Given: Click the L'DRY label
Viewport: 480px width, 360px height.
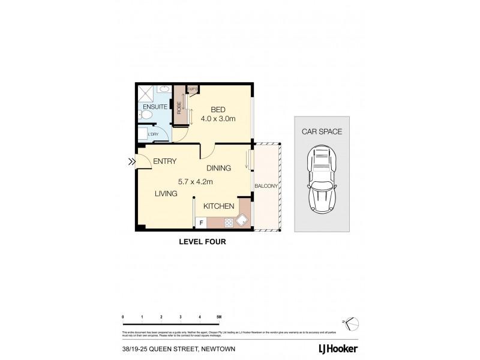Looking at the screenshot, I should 154,134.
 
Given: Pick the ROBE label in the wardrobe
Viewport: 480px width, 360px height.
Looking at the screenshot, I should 179,108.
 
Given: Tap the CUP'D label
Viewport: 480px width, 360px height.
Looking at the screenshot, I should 192,89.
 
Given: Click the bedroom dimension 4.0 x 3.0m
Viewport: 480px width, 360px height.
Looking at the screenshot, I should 218,119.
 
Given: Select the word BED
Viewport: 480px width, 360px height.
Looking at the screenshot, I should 217,109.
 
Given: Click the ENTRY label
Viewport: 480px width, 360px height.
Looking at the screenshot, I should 164,161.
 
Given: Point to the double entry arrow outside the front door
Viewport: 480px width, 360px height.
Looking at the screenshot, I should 131,161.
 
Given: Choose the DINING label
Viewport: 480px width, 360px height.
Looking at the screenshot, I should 218,169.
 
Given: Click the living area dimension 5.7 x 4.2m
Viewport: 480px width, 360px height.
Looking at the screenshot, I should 196,181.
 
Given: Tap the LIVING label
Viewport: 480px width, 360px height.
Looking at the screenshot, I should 165,194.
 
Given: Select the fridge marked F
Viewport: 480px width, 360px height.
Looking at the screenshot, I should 201,223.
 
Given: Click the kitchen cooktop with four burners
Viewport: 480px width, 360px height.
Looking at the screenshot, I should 229,223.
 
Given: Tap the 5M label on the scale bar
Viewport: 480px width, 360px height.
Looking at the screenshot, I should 219,316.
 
